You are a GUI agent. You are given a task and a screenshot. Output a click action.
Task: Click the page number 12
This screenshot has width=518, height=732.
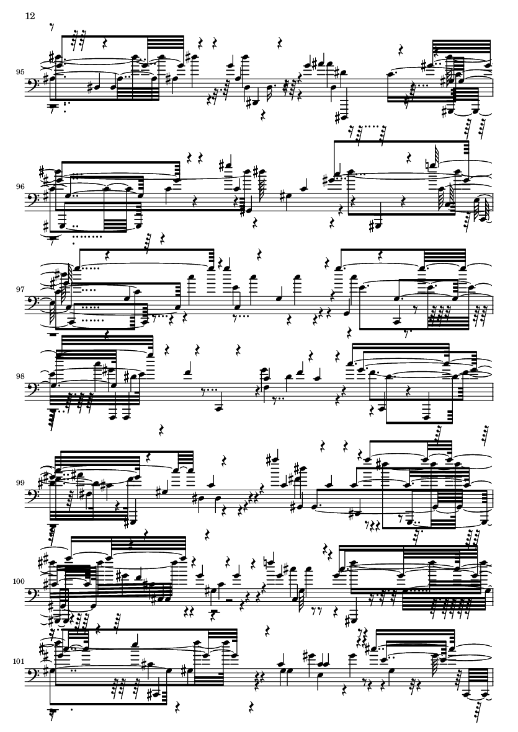(x=30, y=16)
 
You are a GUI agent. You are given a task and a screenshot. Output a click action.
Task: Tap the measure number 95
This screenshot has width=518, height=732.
(x=20, y=73)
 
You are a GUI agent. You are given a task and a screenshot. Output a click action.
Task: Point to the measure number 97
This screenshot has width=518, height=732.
(x=20, y=289)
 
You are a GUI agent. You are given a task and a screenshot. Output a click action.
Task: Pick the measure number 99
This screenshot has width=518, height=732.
(x=20, y=483)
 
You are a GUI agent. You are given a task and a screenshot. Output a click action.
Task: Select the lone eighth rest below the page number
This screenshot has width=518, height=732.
(x=52, y=27)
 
